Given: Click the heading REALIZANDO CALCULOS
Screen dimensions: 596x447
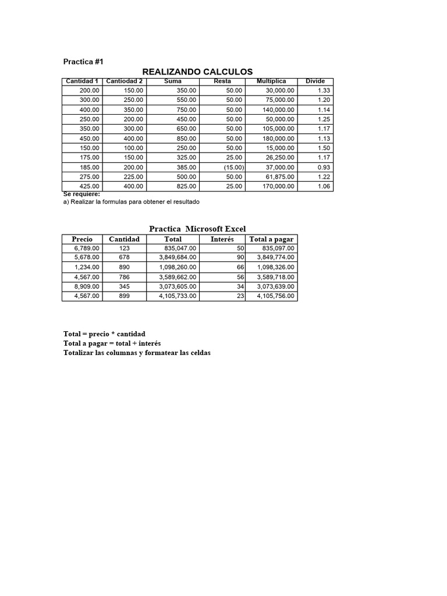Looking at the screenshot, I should [x=197, y=72].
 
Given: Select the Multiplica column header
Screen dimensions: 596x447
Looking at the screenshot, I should [x=271, y=81].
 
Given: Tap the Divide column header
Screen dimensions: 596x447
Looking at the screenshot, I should [x=315, y=81].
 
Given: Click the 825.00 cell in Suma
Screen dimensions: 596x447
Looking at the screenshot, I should [x=187, y=186].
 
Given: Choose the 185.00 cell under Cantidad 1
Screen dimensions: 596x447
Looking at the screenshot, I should [x=90, y=167].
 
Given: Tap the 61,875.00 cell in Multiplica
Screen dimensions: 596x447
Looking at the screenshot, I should [x=278, y=176].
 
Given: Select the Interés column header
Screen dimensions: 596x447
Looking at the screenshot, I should [x=222, y=239].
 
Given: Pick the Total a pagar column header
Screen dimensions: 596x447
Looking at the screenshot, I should [x=271, y=239].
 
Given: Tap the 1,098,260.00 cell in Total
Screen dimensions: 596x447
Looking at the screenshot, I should [x=178, y=267].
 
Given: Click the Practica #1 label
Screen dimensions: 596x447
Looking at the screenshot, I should [x=83, y=61].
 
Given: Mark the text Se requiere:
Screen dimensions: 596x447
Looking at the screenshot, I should [x=81, y=194].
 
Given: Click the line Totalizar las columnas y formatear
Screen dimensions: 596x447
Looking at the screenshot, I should [x=137, y=353].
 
